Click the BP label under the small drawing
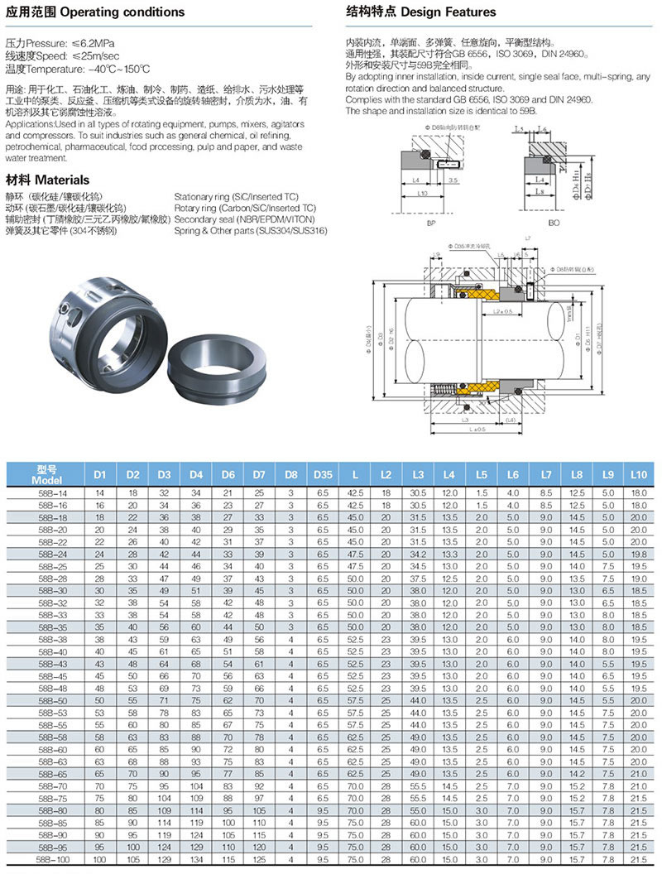[x=431, y=223]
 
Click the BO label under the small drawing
[x=554, y=223]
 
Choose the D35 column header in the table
[x=323, y=474]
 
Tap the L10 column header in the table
[x=638, y=474]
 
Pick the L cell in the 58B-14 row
[x=355, y=493]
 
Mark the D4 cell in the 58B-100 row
[x=196, y=862]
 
